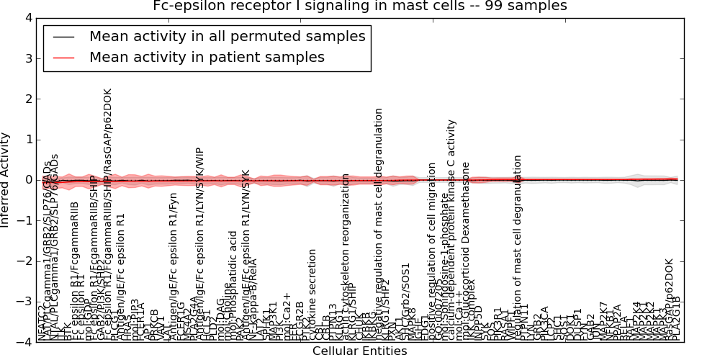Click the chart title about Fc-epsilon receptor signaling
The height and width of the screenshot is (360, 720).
pyautogui.click(x=359, y=6)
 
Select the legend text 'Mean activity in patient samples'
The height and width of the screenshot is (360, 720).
pyautogui.click(x=207, y=57)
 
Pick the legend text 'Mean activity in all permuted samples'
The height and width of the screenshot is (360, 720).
pyautogui.click(x=227, y=37)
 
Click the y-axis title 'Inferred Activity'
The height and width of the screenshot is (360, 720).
pyautogui.click(x=6, y=180)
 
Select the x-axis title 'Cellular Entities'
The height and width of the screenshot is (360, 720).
pyautogui.click(x=359, y=351)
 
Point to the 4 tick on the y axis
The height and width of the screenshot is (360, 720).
pyautogui.click(x=28, y=17)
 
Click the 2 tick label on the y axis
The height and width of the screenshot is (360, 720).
pyautogui.click(x=28, y=99)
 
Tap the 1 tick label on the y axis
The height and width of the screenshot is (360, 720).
pyautogui.click(x=28, y=139)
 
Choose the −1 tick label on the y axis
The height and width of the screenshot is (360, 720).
pyautogui.click(x=25, y=220)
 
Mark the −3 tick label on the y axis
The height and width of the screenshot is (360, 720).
pyautogui.click(x=25, y=302)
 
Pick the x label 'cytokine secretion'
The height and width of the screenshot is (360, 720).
pyautogui.click(x=312, y=294)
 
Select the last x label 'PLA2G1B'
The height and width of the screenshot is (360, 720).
pyautogui.click(x=675, y=318)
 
